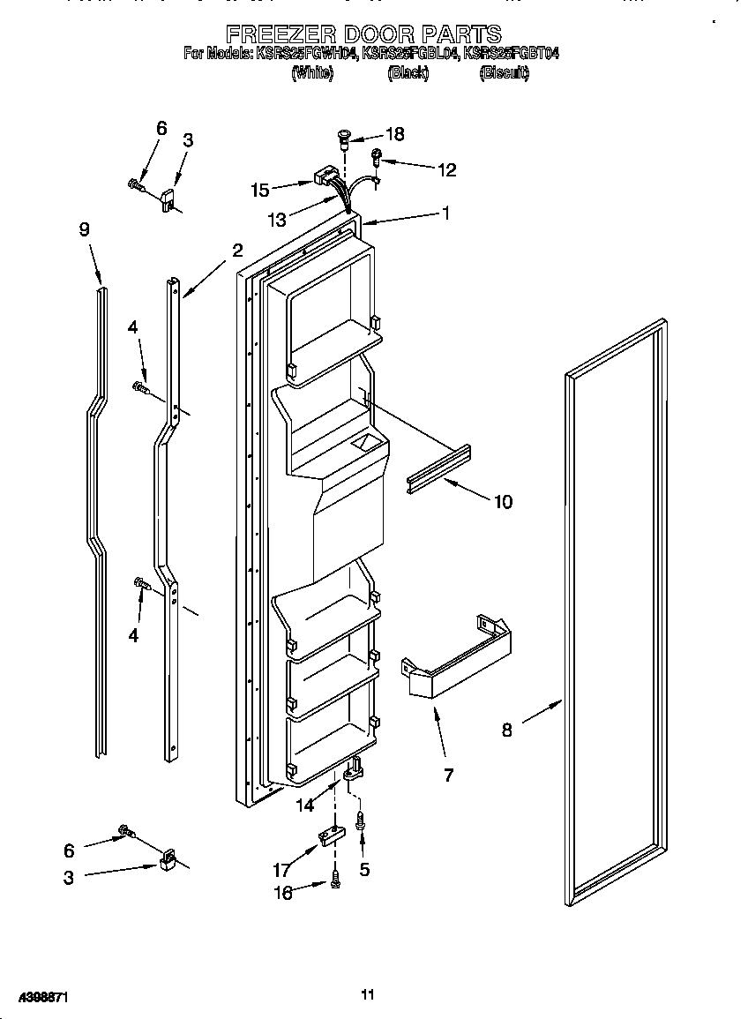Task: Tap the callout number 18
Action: pyautogui.click(x=395, y=134)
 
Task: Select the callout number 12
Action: pyautogui.click(x=447, y=170)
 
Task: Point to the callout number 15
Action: pyautogui.click(x=260, y=189)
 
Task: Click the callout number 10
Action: pyautogui.click(x=502, y=502)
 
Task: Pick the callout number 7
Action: pyautogui.click(x=448, y=775)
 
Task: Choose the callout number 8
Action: pyautogui.click(x=506, y=730)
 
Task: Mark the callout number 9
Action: pyautogui.click(x=84, y=229)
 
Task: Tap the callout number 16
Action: pyautogui.click(x=282, y=892)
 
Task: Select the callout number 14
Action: pyautogui.click(x=304, y=805)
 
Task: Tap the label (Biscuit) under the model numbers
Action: pyautogui.click(x=504, y=75)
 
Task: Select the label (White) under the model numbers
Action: pyautogui.click(x=312, y=75)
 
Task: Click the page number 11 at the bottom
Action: pyautogui.click(x=368, y=994)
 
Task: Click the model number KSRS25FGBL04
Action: pyautogui.click(x=412, y=55)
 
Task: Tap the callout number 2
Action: pyautogui.click(x=236, y=250)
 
